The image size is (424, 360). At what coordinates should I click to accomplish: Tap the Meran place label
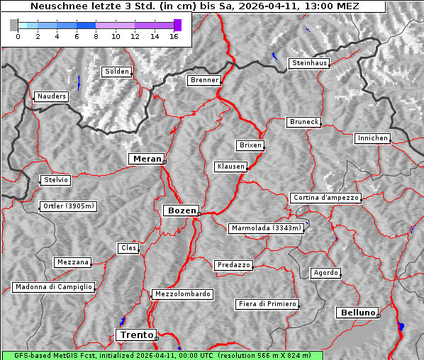145,159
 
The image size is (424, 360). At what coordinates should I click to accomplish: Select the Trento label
135,334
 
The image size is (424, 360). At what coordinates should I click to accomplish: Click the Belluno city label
357,312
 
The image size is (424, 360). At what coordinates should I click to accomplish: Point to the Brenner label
204,80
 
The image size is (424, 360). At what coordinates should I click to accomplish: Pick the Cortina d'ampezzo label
325,198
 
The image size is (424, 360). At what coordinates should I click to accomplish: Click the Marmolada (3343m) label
267,228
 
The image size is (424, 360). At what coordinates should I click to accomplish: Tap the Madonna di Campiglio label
53,287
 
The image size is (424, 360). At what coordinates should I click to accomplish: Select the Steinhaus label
310,63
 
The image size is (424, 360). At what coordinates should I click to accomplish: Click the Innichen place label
372,138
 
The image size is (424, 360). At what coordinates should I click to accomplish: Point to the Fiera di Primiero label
267,304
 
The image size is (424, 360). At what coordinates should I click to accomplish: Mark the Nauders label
51,96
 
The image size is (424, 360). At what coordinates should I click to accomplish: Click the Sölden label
117,72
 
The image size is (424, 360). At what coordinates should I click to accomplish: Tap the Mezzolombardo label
181,293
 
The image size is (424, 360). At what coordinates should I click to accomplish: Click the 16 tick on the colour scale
174,36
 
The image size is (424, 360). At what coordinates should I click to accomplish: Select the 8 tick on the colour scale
96,36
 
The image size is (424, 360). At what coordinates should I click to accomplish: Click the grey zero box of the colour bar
14,25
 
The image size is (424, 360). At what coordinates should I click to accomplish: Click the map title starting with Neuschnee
194,6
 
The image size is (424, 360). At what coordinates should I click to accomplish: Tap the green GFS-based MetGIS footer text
162,355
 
